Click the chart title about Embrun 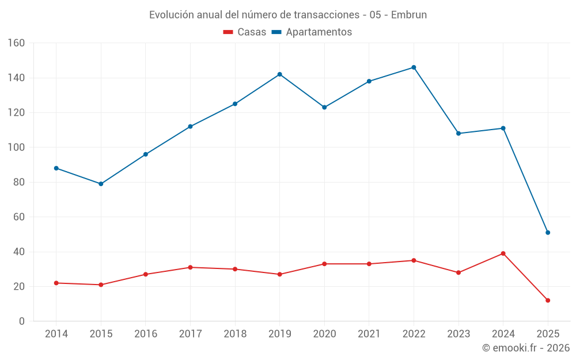(x=288, y=15)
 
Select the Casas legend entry (x=245, y=32)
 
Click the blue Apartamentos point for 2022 (x=414, y=67)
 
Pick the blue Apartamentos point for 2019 (x=279, y=74)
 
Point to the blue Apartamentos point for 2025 (x=548, y=233)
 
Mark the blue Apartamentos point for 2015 (x=101, y=184)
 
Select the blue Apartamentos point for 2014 (x=56, y=168)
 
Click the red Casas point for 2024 (x=503, y=253)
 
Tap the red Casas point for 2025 (x=548, y=300)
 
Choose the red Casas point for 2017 (x=190, y=267)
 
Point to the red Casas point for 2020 (x=324, y=264)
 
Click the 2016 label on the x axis (x=146, y=334)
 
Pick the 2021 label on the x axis (x=369, y=334)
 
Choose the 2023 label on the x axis (x=458, y=334)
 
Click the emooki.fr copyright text (x=525, y=348)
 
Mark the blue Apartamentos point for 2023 (x=458, y=134)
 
